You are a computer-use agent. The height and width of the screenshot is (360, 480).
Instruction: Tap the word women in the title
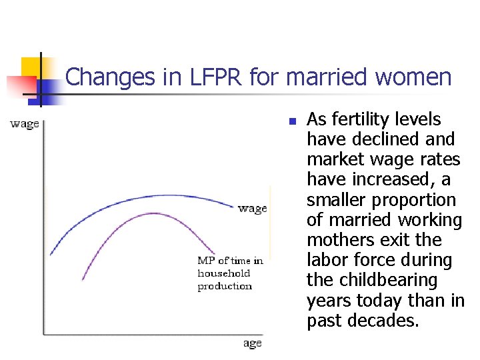(413, 77)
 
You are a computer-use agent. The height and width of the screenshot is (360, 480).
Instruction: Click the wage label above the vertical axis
(25, 124)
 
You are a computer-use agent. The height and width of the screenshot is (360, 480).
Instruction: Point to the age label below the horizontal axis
(252, 343)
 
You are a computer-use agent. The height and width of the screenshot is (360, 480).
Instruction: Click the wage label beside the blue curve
(252, 209)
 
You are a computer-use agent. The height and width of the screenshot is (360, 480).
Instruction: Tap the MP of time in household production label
(229, 273)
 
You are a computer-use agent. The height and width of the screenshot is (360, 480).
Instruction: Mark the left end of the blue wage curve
(51, 255)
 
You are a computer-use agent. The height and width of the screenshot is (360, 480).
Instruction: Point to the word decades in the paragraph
(387, 321)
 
